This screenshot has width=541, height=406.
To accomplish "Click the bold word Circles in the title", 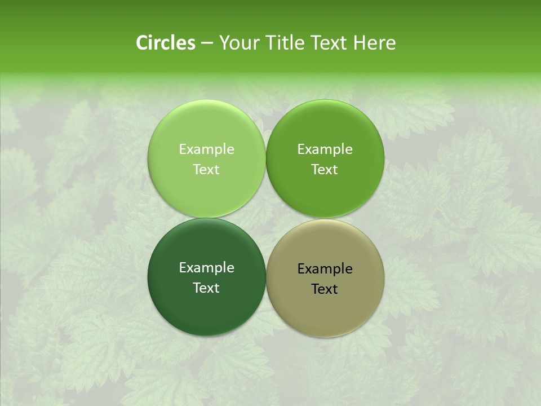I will tap(166, 43).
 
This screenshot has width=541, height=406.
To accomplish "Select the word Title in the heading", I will tap(280, 43).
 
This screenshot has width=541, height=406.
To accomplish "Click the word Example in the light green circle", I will tap(206, 149).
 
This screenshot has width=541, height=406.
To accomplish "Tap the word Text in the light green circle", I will tap(206, 170).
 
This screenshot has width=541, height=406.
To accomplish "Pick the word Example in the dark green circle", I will tap(206, 268).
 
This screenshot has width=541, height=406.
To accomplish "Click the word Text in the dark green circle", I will tap(206, 288).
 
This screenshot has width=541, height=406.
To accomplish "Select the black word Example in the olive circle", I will tap(325, 269).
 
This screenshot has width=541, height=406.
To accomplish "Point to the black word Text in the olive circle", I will tap(325, 289).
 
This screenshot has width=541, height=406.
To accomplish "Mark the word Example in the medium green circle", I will tap(325, 149).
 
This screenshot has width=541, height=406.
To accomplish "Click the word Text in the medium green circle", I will tap(325, 170).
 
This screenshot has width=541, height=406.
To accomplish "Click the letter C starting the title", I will tap(141, 43).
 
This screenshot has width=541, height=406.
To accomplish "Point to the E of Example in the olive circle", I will tap(301, 269).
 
